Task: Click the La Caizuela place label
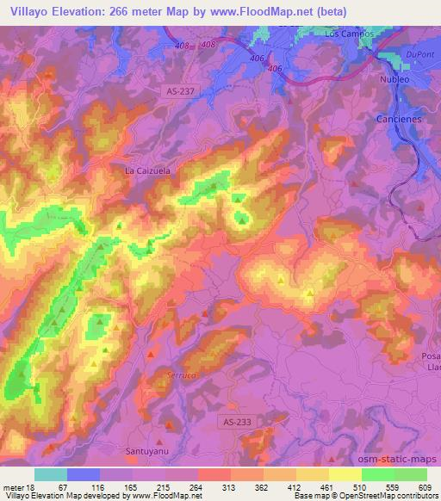(x=148, y=170)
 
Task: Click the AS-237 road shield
(x=180, y=90)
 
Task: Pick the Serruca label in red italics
(x=176, y=375)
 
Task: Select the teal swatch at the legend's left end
(x=50, y=473)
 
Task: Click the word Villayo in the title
(x=28, y=9)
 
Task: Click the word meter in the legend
(x=14, y=486)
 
